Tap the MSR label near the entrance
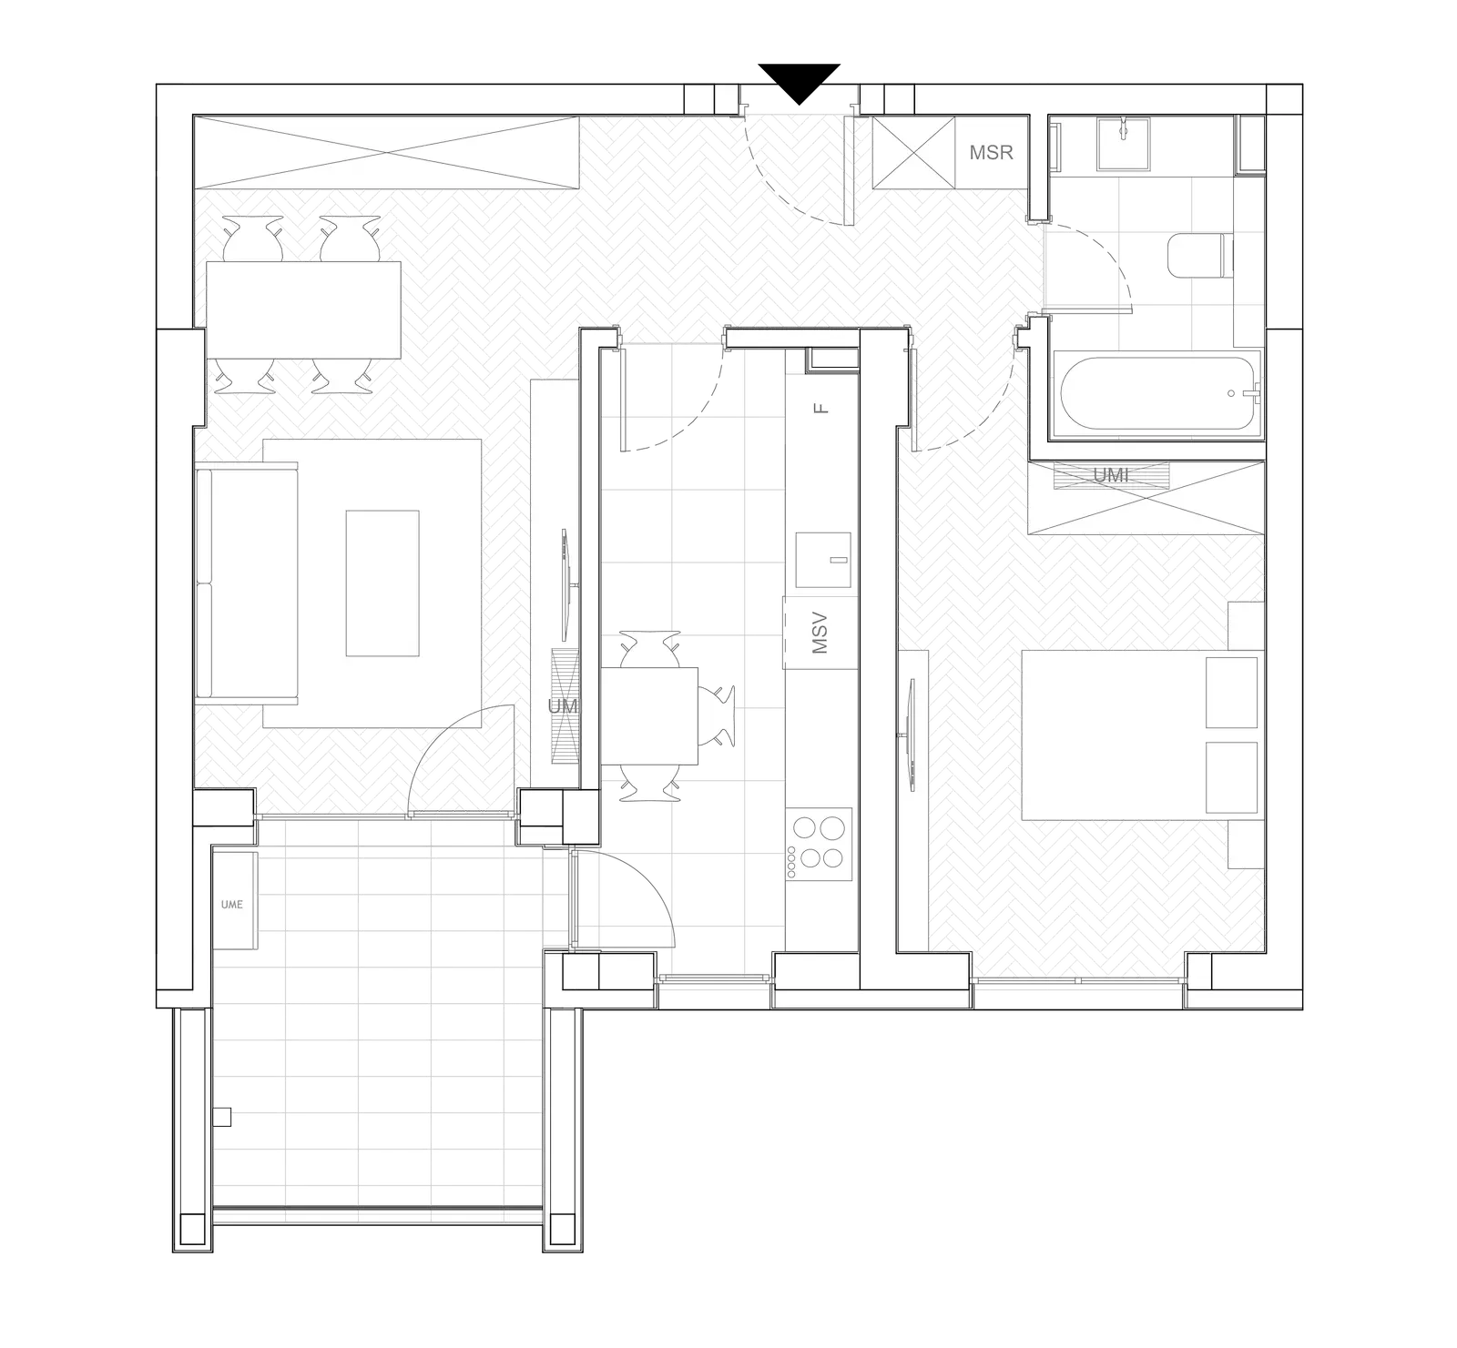991,153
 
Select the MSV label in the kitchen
820,633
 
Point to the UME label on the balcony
232,905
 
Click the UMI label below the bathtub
1110,475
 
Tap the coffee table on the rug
382,583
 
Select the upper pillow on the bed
1231,692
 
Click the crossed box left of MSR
913,152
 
